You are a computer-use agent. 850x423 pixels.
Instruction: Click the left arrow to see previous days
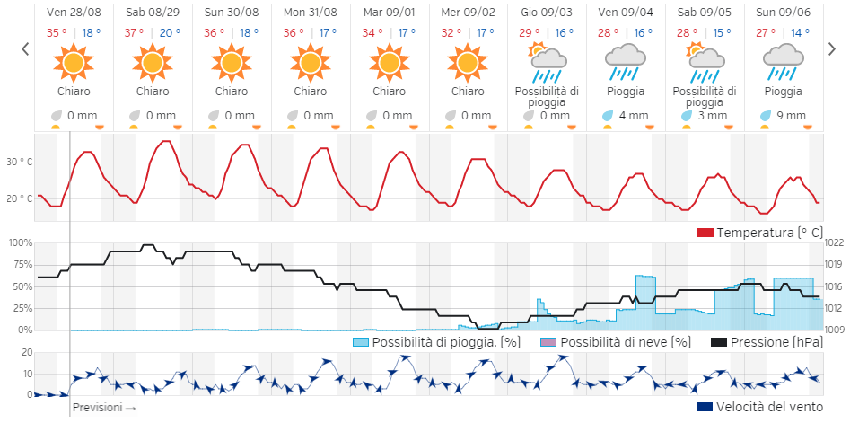24,49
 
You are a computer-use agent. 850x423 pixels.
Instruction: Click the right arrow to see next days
832,49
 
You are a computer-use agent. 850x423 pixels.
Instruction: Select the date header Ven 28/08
74,13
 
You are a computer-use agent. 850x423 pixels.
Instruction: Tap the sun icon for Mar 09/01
389,62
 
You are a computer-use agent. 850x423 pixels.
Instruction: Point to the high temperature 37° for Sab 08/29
135,33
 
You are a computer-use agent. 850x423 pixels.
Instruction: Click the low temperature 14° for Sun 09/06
800,33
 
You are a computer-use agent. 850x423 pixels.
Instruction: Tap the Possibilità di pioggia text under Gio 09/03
547,96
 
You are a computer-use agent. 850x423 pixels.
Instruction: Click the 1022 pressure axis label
835,242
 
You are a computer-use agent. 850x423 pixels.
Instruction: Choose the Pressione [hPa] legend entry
766,342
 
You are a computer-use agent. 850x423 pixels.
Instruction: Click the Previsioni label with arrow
104,407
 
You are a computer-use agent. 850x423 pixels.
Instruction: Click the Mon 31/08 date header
311,13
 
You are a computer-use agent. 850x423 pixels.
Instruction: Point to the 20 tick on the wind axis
27,352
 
